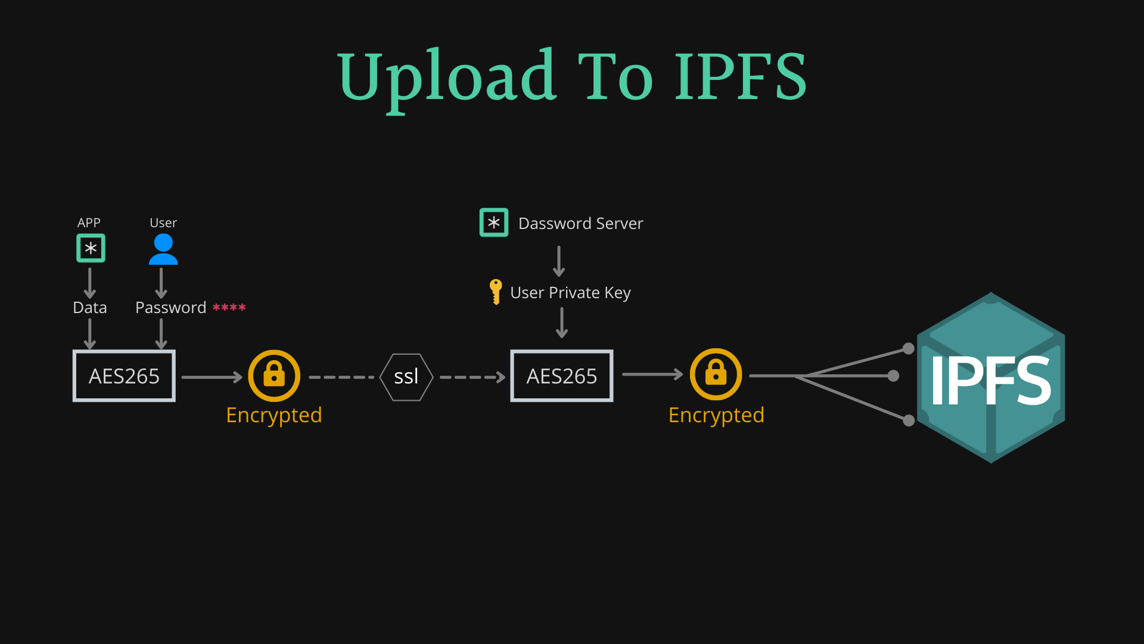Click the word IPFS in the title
tap(741, 76)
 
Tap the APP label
tap(89, 223)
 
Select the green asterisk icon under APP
tap(91, 248)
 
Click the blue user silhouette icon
tap(163, 249)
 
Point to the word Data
tap(90, 308)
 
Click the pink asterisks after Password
tap(229, 308)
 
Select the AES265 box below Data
tap(124, 376)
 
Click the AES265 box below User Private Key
tap(561, 376)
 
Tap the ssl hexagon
tap(406, 377)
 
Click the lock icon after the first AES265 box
tap(274, 376)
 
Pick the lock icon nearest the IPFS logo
tap(716, 374)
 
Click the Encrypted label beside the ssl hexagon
tap(274, 415)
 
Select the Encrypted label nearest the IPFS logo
tap(716, 415)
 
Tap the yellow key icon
tap(495, 292)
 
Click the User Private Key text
tap(570, 293)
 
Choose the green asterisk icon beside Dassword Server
tap(494, 222)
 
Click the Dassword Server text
tap(580, 224)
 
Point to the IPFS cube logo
tap(991, 378)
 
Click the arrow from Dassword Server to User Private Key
tap(559, 261)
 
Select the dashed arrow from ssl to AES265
tap(472, 377)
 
